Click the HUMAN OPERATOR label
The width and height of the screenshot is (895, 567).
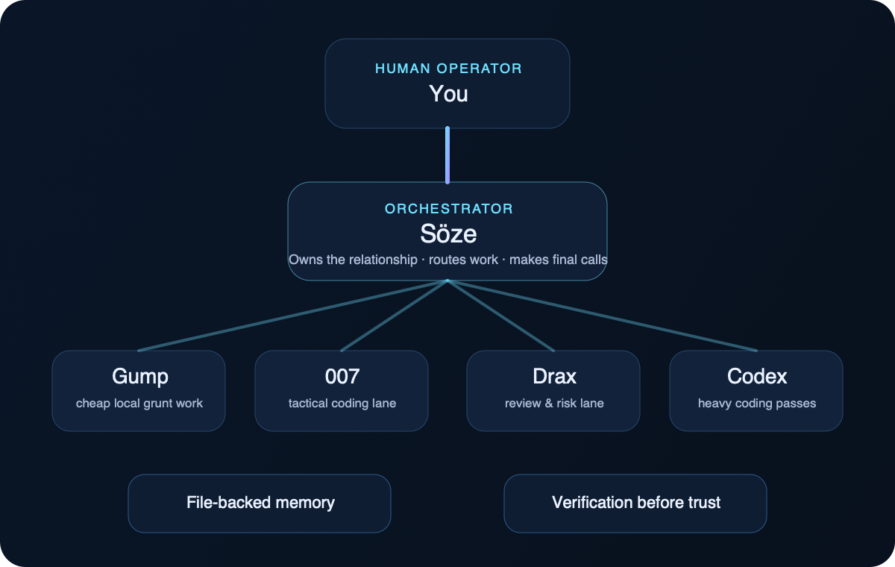point(448,69)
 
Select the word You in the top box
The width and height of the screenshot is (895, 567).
point(448,94)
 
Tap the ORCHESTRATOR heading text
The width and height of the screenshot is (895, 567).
point(448,209)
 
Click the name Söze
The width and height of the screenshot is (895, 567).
point(448,234)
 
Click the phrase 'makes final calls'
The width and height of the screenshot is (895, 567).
point(558,260)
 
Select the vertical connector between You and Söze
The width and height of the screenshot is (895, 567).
point(447,155)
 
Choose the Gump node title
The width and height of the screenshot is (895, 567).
point(139,377)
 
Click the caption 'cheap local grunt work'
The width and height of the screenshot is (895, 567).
point(139,404)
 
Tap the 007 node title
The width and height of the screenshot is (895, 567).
point(342,377)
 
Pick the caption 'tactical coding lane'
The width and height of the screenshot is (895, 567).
point(342,404)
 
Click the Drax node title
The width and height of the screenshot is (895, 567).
point(554,377)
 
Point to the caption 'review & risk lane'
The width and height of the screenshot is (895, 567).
point(554,404)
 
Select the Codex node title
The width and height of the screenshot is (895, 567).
point(757,377)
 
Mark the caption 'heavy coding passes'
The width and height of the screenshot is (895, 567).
point(757,404)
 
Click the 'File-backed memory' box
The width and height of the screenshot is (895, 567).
point(260,503)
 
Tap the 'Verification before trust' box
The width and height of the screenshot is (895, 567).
point(636,503)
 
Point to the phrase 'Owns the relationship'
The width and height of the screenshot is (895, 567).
point(353,260)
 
